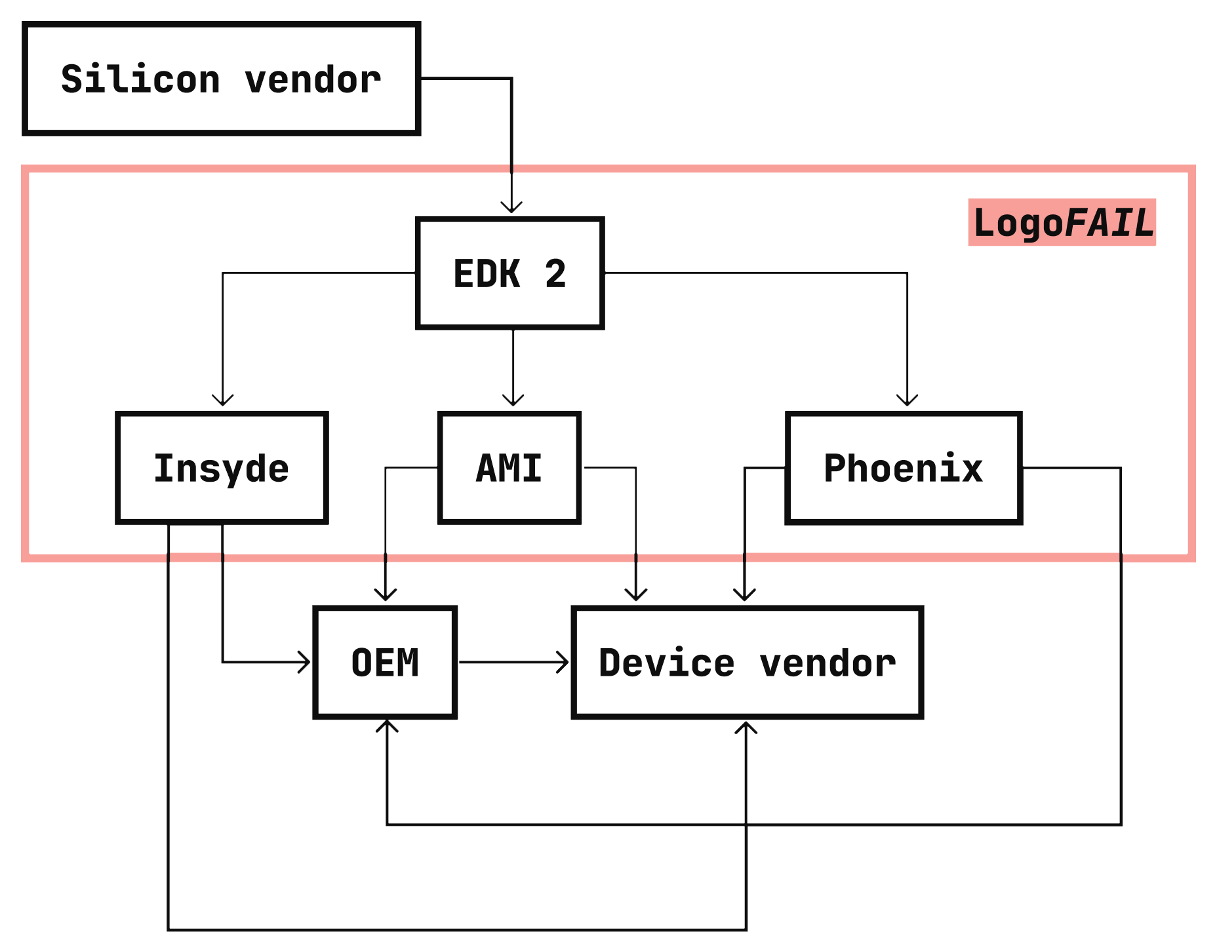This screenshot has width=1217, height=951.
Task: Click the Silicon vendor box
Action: point(221,79)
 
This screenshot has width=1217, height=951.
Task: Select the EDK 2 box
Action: point(509,273)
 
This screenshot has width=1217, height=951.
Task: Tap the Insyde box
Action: point(222,467)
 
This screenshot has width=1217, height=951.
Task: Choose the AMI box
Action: point(509,467)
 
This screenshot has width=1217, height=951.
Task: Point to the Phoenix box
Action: point(904,467)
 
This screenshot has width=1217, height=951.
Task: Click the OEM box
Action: point(386,662)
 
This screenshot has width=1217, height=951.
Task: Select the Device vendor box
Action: point(748,662)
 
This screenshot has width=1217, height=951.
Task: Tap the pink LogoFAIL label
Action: point(1062,222)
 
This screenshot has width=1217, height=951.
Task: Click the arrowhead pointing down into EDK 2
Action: point(511,207)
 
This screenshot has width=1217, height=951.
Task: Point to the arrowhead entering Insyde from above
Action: point(223,400)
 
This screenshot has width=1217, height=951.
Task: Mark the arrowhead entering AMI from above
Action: point(513,400)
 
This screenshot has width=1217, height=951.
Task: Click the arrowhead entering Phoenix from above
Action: point(907,400)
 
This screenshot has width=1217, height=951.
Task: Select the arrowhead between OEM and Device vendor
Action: point(563,662)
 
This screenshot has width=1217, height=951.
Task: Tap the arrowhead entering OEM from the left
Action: point(304,662)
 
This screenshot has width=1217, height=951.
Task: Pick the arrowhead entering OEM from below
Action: point(387,726)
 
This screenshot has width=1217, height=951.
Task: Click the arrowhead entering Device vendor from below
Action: point(746,728)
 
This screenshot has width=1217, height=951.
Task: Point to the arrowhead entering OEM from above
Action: point(386,594)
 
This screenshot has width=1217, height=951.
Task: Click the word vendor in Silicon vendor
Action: point(313,80)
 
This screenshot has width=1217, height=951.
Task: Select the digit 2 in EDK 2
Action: point(555,273)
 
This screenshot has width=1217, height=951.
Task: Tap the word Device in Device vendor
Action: point(666,663)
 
